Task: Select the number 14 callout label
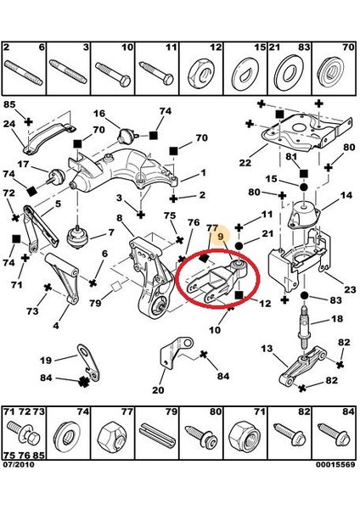click(x=346, y=195)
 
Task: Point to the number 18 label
click(x=337, y=319)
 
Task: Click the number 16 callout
click(x=99, y=114)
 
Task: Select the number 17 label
click(x=23, y=165)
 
